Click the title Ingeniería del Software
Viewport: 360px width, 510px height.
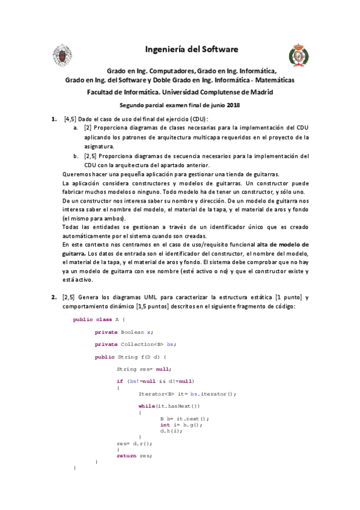192,49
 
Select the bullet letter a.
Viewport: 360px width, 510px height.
75,128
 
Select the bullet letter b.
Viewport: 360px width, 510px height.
75,156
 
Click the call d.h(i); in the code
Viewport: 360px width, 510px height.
171,431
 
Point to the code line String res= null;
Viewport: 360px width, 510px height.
143,369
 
